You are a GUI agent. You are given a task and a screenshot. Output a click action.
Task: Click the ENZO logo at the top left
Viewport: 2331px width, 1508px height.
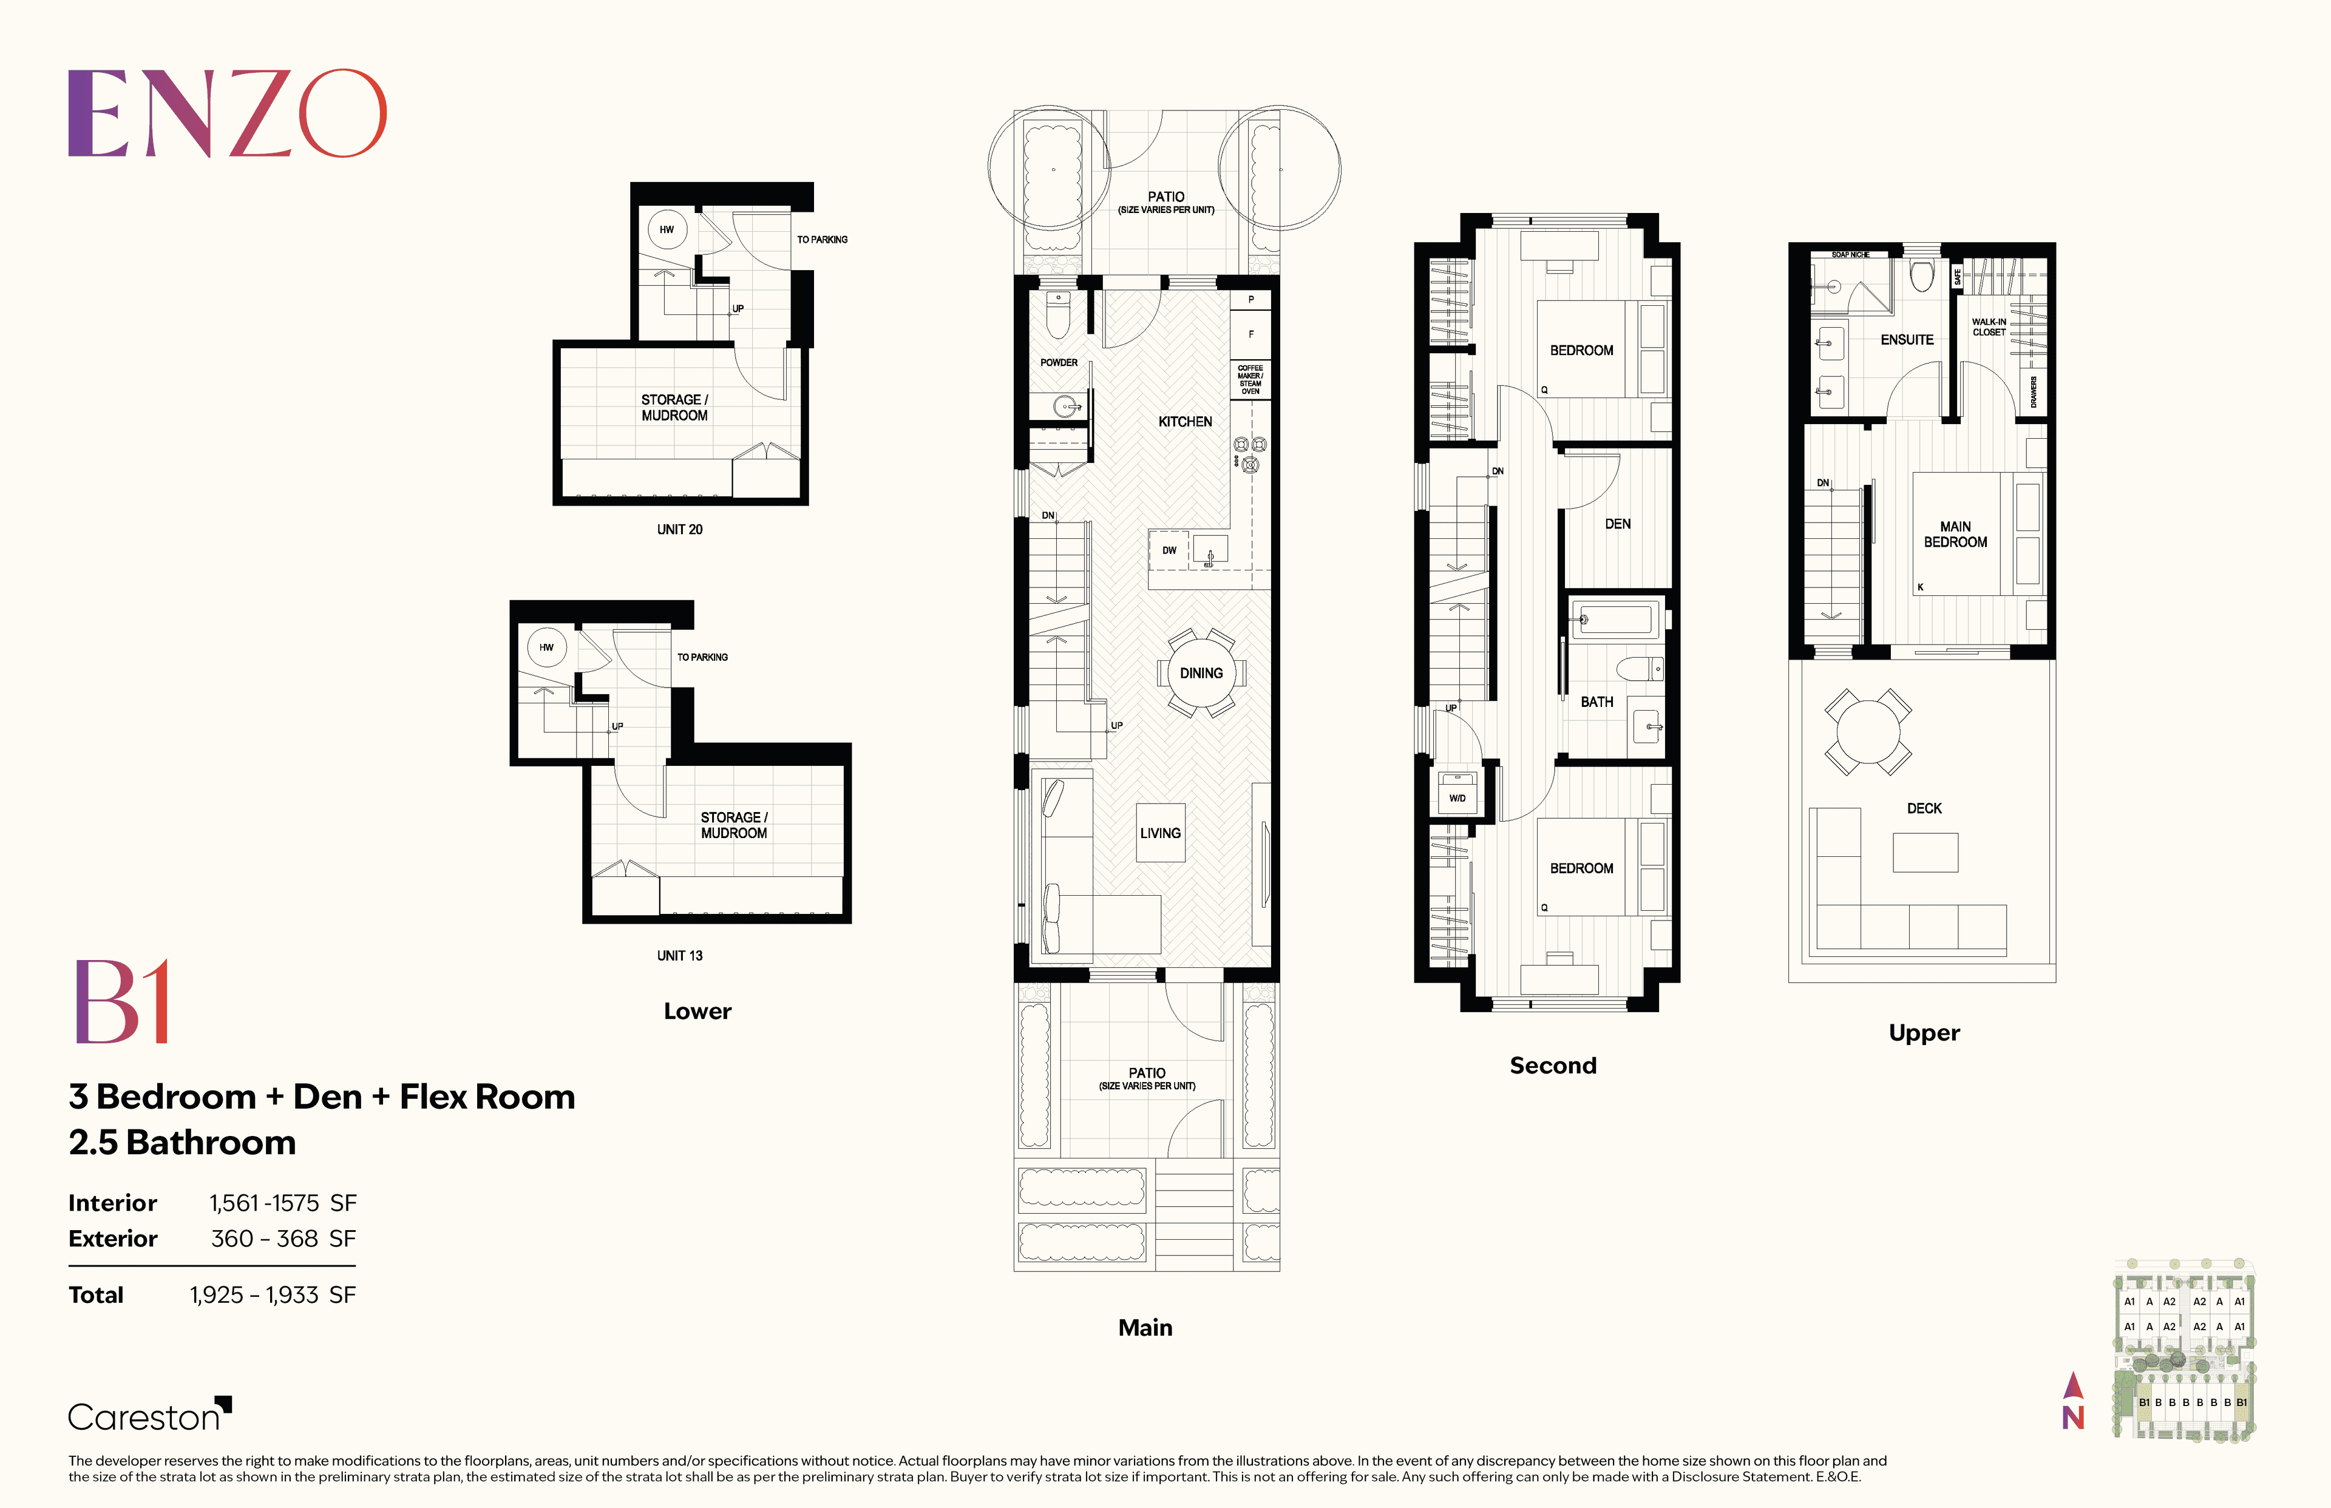tap(227, 113)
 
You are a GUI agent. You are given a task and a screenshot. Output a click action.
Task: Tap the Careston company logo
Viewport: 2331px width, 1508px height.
tap(149, 1416)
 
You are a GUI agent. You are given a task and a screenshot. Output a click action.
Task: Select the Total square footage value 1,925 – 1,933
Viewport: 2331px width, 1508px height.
tap(254, 1294)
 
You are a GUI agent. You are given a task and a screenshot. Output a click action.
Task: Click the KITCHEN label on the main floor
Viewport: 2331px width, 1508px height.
tap(1185, 422)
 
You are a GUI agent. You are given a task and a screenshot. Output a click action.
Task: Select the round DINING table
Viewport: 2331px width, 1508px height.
tap(1202, 674)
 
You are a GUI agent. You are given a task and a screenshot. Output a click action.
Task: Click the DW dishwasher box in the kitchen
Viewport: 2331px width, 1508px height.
tap(1169, 550)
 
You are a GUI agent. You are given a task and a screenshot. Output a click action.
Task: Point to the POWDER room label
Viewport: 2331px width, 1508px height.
tap(1059, 362)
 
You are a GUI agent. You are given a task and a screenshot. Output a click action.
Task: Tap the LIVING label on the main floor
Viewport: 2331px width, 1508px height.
tap(1161, 833)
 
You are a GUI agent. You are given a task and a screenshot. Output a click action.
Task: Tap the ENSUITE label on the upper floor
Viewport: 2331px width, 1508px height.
tap(1907, 340)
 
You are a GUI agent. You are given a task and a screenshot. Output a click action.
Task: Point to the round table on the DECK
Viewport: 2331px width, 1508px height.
tap(1868, 731)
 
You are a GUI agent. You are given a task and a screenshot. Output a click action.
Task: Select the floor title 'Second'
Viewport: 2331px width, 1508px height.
tap(1553, 1066)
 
